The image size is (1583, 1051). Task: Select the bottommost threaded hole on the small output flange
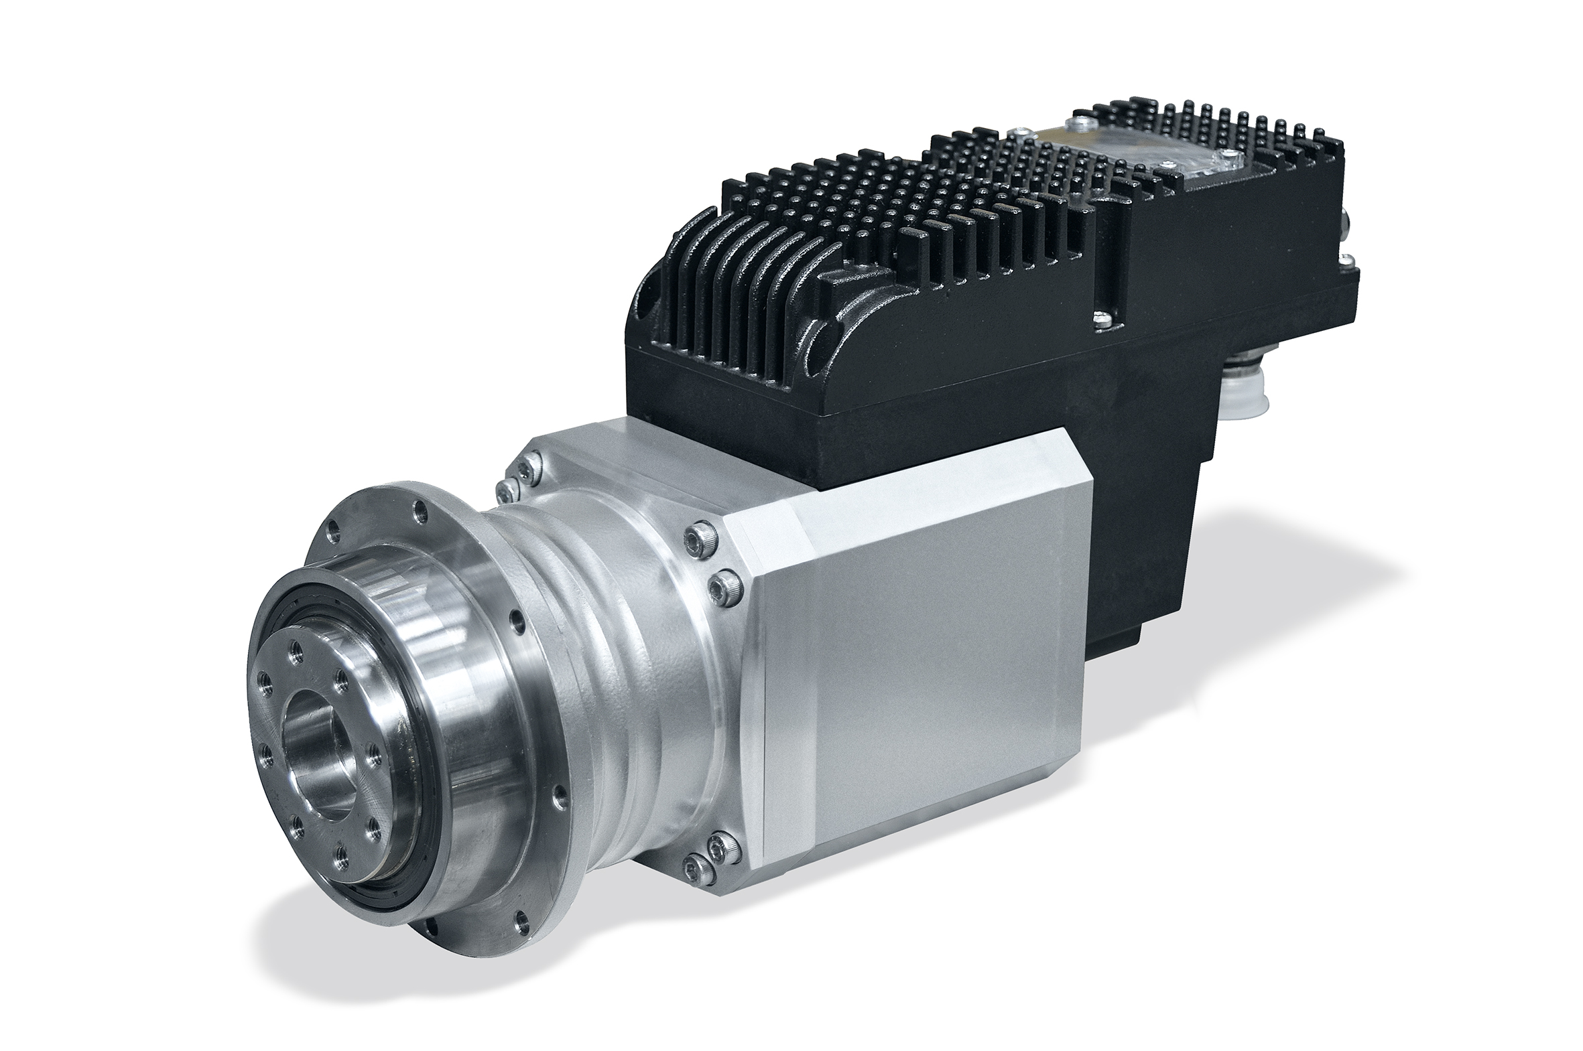[x=343, y=852]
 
